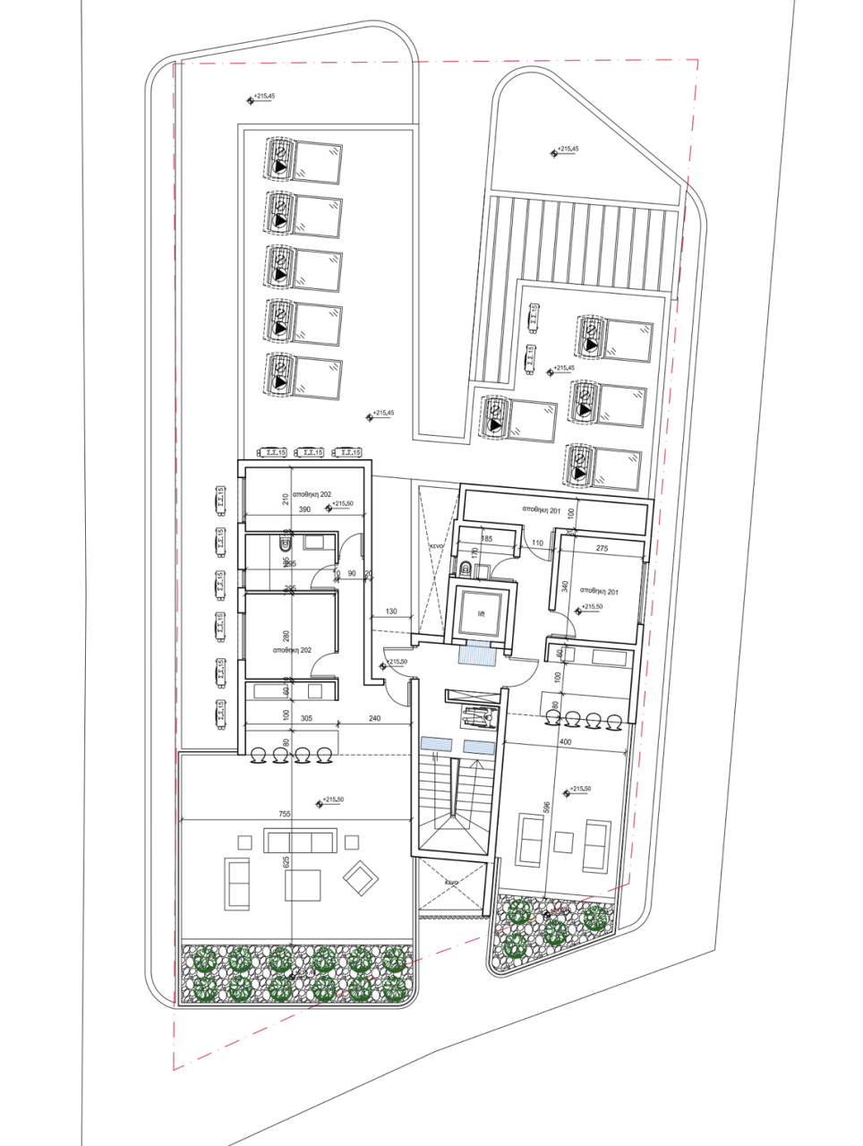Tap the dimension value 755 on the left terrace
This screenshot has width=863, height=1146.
point(285,815)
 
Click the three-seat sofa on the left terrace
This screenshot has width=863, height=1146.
point(300,841)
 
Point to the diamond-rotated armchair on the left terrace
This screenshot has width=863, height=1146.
point(362,878)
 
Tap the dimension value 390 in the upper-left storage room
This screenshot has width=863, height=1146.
point(304,509)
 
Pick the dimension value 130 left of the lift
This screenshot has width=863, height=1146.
point(391,611)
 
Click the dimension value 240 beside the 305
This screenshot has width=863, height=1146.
point(373,718)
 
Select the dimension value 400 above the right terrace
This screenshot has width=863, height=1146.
point(564,742)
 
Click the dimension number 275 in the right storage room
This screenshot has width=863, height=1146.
point(602,548)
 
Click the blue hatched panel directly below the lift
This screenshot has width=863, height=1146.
point(476,654)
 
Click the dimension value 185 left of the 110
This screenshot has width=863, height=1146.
point(486,539)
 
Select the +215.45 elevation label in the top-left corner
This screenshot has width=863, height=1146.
point(265,96)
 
